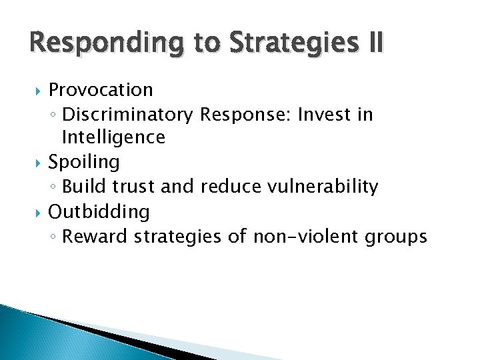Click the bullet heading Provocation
pos(101,90)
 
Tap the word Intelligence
pos(113,138)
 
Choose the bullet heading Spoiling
pos(84,162)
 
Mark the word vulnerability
pos(322,187)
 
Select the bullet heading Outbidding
pos(99,212)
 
